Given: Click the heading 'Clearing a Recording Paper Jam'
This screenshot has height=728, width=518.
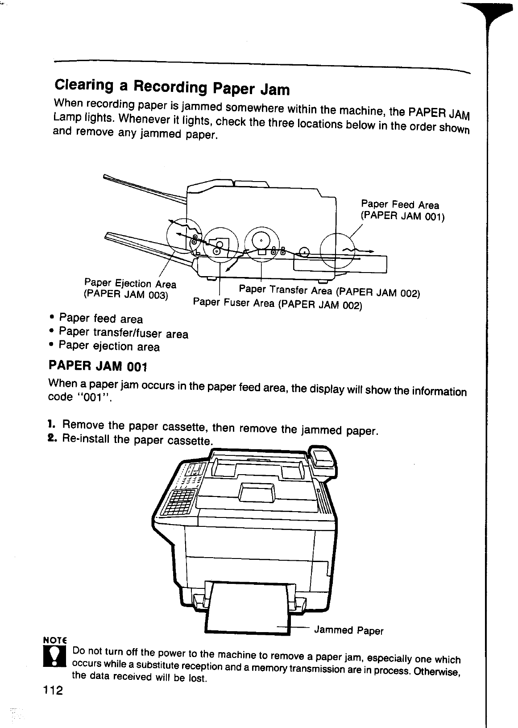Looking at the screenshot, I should tap(172, 87).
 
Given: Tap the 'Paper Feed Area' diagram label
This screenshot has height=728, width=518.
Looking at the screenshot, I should tap(400, 205).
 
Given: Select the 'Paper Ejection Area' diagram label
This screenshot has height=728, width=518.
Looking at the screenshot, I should tap(130, 284).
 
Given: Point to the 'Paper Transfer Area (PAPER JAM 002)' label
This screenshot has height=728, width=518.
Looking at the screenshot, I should tap(329, 291).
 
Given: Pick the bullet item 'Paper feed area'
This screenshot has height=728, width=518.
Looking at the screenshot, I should tap(101, 318).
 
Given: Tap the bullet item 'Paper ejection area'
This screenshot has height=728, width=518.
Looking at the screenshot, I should tap(109, 347).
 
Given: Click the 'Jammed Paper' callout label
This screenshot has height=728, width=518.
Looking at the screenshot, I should tap(348, 630).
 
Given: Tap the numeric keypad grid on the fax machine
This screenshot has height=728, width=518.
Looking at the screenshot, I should tap(180, 502).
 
